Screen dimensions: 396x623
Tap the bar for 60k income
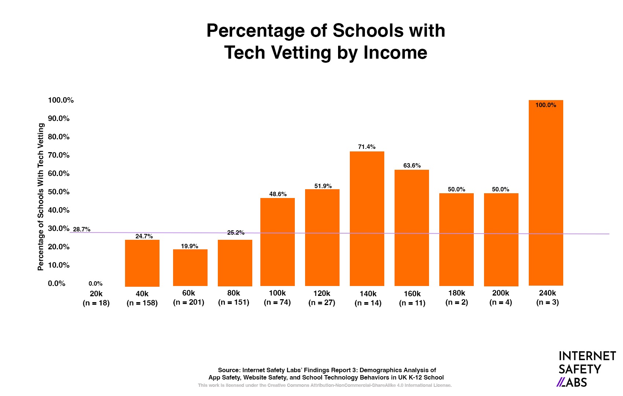[190, 268]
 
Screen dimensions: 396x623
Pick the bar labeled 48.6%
[277, 242]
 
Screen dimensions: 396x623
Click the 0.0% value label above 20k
[95, 283]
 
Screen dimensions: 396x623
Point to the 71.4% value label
[367, 147]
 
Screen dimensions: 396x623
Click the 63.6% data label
[412, 165]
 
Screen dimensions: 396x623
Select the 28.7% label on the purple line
[81, 229]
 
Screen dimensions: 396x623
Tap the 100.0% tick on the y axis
[61, 100]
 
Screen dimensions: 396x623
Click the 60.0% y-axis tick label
[59, 173]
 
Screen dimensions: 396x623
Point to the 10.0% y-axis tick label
[59, 265]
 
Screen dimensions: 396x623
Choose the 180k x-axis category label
[457, 293]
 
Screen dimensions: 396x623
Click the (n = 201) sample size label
[188, 302]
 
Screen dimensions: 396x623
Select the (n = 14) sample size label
[368, 303]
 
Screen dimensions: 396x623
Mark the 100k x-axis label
[277, 293]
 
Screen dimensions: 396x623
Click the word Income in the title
[395, 52]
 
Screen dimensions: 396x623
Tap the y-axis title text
[41, 197]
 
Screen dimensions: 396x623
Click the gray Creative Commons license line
[325, 385]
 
